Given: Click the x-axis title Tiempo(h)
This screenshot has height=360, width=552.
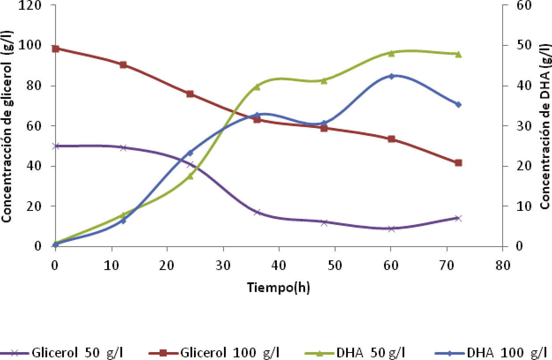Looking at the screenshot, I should point(278,288).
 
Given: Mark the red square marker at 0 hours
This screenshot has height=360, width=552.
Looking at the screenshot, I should point(56,49).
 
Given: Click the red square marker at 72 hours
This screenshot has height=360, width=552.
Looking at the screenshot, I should point(458,163).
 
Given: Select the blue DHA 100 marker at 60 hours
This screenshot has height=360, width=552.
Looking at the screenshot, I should point(391,76).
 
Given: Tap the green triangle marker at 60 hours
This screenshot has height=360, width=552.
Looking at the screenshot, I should point(391,53).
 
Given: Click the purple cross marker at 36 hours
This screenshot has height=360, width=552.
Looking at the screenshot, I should point(257,212).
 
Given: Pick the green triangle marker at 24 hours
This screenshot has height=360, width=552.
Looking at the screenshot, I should point(190,176).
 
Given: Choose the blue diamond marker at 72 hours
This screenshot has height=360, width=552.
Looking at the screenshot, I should point(458,105).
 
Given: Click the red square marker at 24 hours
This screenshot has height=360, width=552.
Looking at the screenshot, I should point(190,94).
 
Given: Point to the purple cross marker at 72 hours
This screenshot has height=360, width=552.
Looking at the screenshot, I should point(458,218).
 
